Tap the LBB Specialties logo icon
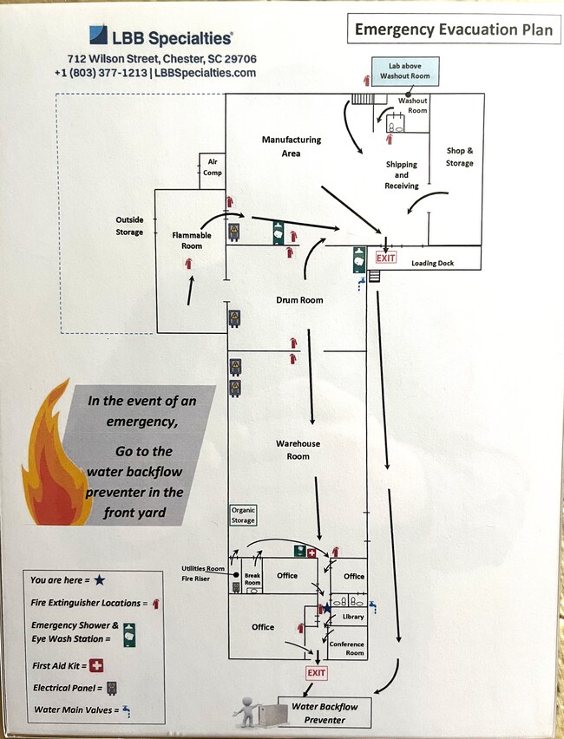coord(97,36)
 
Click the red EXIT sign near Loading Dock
coord(385,258)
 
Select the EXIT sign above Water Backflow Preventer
coord(316,673)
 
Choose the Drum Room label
coord(299,300)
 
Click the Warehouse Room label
coord(298,449)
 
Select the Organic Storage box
coord(243,516)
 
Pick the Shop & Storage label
coord(459,157)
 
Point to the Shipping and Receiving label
coord(401,174)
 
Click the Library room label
coord(353,617)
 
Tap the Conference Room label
coord(347,648)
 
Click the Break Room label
coord(252,579)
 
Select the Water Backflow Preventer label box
coord(324,713)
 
